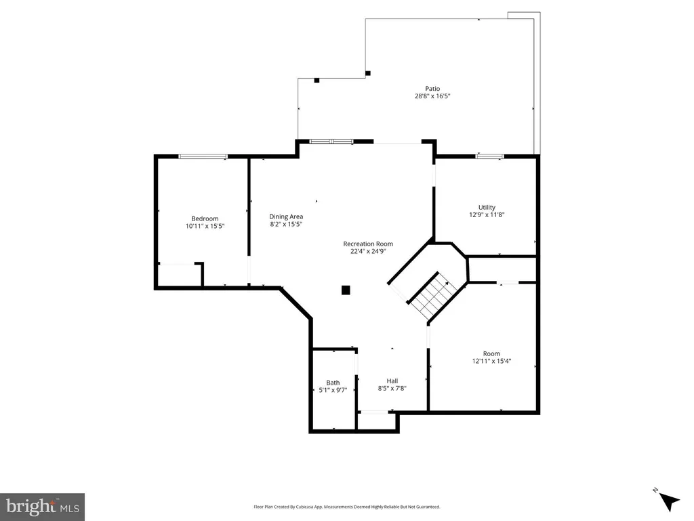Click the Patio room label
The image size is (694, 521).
[x=432, y=89]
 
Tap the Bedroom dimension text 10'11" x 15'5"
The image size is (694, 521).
[x=205, y=226]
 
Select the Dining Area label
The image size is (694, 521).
[x=286, y=216]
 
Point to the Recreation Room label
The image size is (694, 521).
[x=368, y=244]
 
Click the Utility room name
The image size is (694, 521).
[x=487, y=208]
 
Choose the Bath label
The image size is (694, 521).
[x=333, y=383]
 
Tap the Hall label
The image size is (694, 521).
[x=392, y=381]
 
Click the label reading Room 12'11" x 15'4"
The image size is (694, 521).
[x=491, y=357]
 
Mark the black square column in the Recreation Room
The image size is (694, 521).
[x=346, y=290]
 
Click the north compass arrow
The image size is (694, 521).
[x=668, y=501]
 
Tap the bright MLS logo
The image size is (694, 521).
[x=43, y=507]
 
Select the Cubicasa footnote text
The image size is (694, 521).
[x=346, y=507]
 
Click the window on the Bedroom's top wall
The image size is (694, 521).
[x=203, y=157]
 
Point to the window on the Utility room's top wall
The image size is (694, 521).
[x=489, y=156]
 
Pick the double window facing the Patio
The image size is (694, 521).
[x=331, y=142]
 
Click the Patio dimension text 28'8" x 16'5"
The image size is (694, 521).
[x=432, y=96]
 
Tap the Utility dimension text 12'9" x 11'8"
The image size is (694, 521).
[x=487, y=215]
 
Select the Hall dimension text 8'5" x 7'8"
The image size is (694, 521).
[x=392, y=389]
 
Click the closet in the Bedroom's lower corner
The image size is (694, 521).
[x=180, y=275]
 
